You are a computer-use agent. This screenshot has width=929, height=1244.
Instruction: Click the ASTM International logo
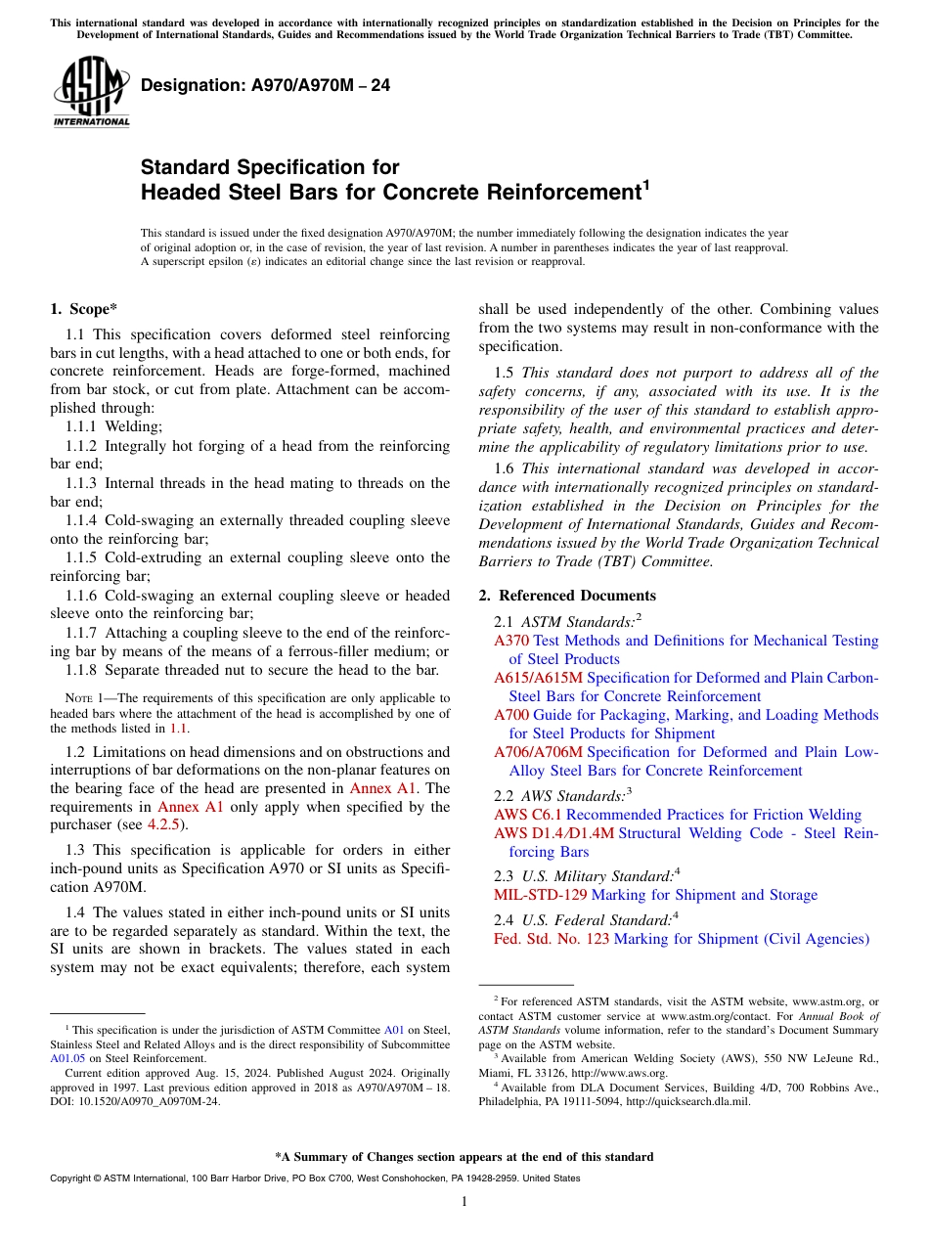pyautogui.click(x=91, y=92)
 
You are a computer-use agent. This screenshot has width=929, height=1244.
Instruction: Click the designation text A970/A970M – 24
pyautogui.click(x=265, y=86)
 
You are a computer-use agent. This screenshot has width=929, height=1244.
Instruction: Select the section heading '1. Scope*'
pyautogui.click(x=84, y=309)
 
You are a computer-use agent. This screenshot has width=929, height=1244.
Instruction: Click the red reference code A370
pyautogui.click(x=510, y=641)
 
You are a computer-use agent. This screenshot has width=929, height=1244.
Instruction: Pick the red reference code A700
pyautogui.click(x=510, y=715)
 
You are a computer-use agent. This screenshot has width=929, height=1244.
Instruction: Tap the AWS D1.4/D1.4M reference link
pyautogui.click(x=553, y=833)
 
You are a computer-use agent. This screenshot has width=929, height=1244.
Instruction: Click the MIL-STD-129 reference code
pyautogui.click(x=541, y=895)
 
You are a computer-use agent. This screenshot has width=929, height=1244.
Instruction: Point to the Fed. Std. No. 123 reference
pyautogui.click(x=552, y=939)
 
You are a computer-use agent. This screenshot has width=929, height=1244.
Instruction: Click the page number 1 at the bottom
pyautogui.click(x=464, y=1202)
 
